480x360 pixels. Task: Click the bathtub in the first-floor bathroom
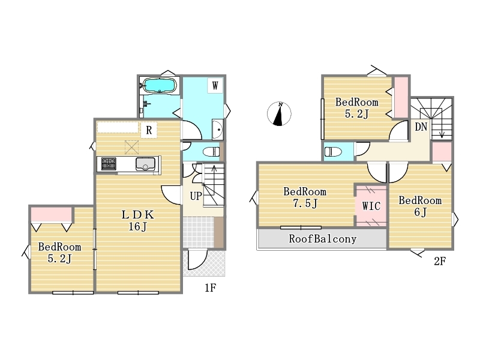point(160,85)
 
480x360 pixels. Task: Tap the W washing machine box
point(215,85)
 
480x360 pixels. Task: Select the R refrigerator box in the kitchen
point(149,130)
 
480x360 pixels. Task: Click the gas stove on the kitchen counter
point(109,164)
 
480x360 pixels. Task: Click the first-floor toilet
point(212,152)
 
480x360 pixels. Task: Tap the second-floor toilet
point(333,152)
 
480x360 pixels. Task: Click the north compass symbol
point(279,114)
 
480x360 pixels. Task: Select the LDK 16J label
point(138,220)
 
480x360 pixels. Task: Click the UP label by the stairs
point(196,196)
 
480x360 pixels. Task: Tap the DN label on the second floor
point(421,127)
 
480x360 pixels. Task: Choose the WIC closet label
point(371,206)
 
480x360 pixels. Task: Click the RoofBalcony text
point(323,239)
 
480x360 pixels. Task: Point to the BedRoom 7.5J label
point(305,197)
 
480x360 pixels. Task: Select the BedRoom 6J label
point(420,206)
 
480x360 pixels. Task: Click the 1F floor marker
point(211,288)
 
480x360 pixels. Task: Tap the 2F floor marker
point(440,261)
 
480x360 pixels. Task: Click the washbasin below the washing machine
point(218,130)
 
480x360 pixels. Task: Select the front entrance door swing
point(197,260)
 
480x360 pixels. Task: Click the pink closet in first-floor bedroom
point(52,214)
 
